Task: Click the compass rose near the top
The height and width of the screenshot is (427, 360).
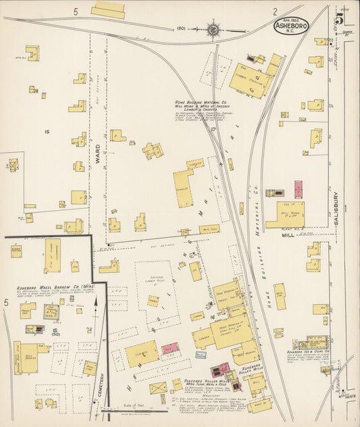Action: tap(213, 29)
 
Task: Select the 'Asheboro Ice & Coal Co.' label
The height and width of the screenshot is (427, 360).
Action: tap(307, 352)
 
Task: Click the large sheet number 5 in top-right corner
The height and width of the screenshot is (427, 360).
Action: tap(338, 16)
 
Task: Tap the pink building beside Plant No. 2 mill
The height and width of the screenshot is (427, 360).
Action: tap(298, 189)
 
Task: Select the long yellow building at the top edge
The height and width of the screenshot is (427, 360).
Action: tap(108, 10)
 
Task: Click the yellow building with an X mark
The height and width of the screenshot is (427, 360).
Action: tap(158, 388)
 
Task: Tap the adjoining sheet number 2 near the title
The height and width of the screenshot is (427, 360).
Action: tap(275, 11)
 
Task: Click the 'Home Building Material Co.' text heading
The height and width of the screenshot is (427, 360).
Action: tap(202, 101)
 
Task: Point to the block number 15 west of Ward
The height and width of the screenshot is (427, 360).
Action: tap(47, 131)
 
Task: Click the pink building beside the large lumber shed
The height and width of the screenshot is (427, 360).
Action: tap(170, 348)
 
